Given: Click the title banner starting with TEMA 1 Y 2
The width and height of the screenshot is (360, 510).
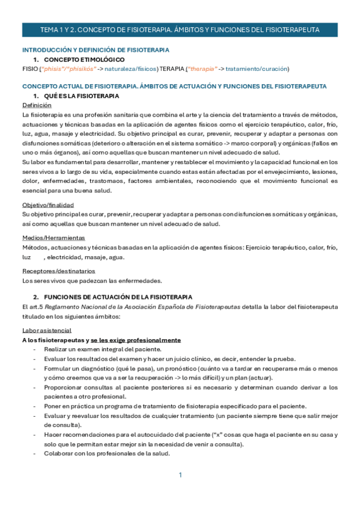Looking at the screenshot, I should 180,29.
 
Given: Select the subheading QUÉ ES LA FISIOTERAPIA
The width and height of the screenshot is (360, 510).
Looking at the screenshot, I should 82,96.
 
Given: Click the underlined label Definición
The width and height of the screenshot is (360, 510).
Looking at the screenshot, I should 37,105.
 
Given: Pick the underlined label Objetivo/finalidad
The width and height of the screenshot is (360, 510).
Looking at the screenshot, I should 48,204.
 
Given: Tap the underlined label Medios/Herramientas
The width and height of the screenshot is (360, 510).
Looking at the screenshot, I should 53,238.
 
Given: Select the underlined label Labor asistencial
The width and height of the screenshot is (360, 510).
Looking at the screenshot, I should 47,330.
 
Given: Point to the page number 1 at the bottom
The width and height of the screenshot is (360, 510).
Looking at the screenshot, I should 180,475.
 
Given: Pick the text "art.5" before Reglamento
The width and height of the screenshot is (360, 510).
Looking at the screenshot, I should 36,306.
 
